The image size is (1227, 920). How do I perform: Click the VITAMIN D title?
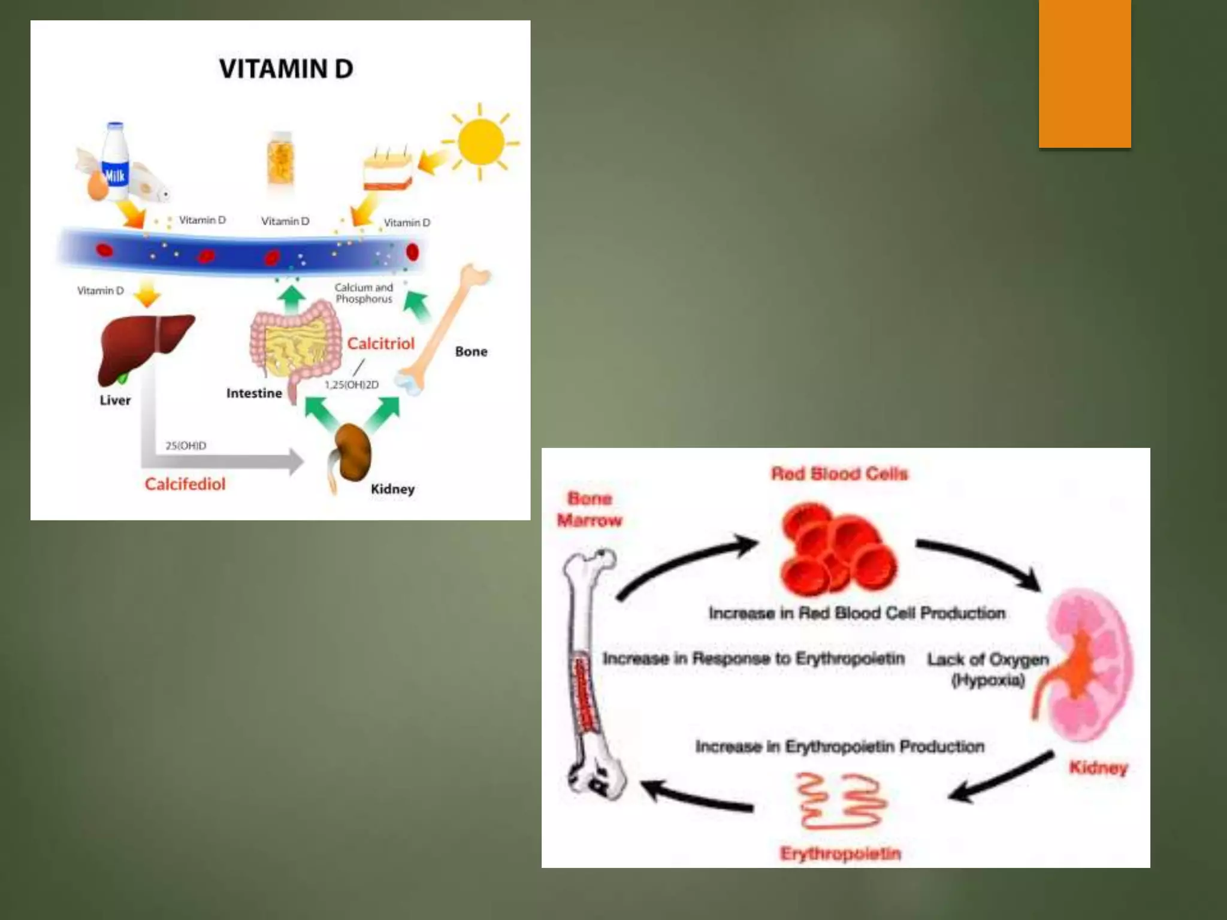coord(286,69)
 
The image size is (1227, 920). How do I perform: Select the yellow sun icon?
coord(480,142)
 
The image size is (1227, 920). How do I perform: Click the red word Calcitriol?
coord(380,344)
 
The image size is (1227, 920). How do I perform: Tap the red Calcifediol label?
coord(185,484)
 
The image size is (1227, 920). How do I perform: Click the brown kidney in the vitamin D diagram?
coord(352,452)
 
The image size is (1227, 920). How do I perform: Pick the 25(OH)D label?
coord(186,446)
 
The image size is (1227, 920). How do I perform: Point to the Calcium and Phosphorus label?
coord(364,293)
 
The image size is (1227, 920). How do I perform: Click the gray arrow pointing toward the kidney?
coord(228,461)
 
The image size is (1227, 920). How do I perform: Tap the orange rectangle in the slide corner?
coord(1084,73)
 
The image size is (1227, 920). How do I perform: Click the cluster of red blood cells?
coord(838,550)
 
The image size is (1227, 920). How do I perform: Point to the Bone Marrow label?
coord(590,509)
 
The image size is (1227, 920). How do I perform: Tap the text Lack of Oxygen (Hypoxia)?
coord(988,669)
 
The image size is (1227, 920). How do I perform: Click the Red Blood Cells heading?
coord(839,474)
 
